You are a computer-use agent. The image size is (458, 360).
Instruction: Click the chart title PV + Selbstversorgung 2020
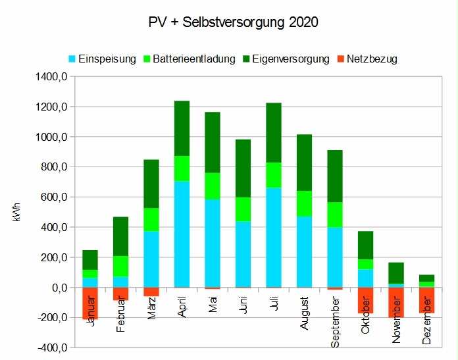[234, 22]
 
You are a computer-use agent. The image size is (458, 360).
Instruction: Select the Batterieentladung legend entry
[193, 59]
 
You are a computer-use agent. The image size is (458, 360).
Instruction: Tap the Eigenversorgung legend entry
[286, 59]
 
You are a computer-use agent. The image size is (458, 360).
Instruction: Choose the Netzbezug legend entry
[372, 59]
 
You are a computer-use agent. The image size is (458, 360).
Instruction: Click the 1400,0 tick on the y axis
[53, 77]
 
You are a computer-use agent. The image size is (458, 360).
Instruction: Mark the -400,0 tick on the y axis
[53, 347]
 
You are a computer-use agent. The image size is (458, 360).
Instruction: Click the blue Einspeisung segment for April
[182, 234]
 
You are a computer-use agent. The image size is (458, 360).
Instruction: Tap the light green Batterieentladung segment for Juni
[243, 209]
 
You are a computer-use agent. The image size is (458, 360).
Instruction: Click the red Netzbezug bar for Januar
[90, 303]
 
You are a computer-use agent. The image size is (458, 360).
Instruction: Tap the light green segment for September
[334, 215]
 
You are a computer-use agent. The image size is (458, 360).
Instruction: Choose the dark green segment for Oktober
[365, 245]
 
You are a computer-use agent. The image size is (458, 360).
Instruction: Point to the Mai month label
[213, 303]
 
